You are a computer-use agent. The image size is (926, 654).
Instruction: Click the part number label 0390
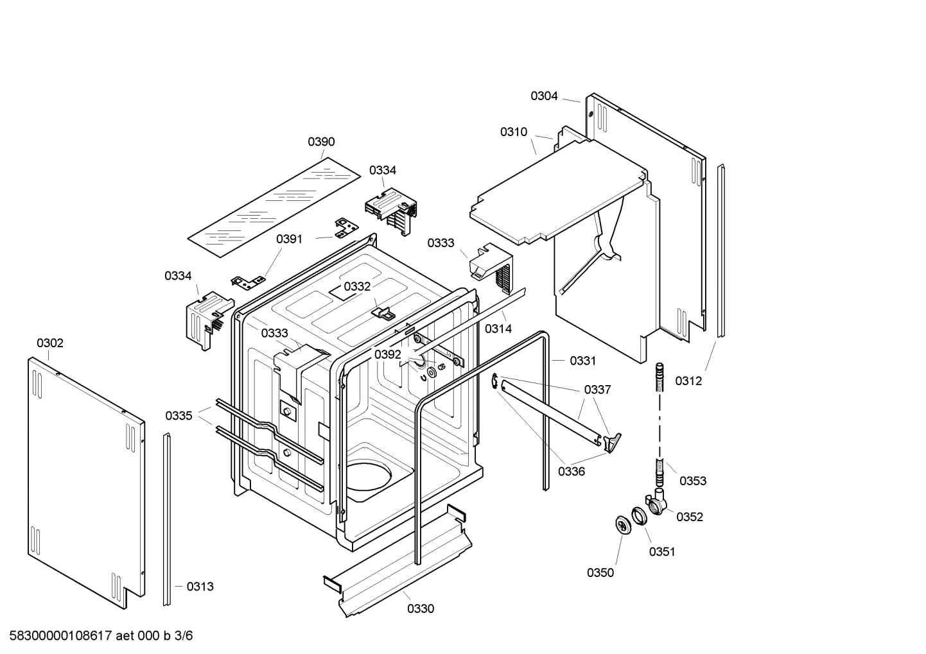pos(321,142)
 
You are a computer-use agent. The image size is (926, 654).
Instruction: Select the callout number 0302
pos(50,343)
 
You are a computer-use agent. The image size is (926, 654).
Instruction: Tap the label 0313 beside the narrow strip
pos(200,587)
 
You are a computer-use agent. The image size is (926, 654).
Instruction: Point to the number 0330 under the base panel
pos(421,609)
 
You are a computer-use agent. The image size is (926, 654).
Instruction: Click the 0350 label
pos(600,573)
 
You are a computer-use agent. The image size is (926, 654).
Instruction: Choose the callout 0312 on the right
pos(688,381)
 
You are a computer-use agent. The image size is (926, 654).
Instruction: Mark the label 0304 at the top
pos(544,96)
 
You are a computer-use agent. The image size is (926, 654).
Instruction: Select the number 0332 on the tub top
pos(357,286)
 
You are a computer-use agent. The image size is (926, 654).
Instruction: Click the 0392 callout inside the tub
pos(388,355)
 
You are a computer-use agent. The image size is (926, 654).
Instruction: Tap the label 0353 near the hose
pos(693,481)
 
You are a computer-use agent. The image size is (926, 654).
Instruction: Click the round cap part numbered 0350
pos(622,524)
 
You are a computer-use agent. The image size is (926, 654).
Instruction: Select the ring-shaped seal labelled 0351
pos(639,515)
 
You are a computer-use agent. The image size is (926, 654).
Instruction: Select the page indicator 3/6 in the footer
pos(184,636)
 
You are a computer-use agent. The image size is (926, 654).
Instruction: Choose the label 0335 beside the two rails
pos(179,416)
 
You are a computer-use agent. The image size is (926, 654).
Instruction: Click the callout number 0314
pos(498,329)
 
